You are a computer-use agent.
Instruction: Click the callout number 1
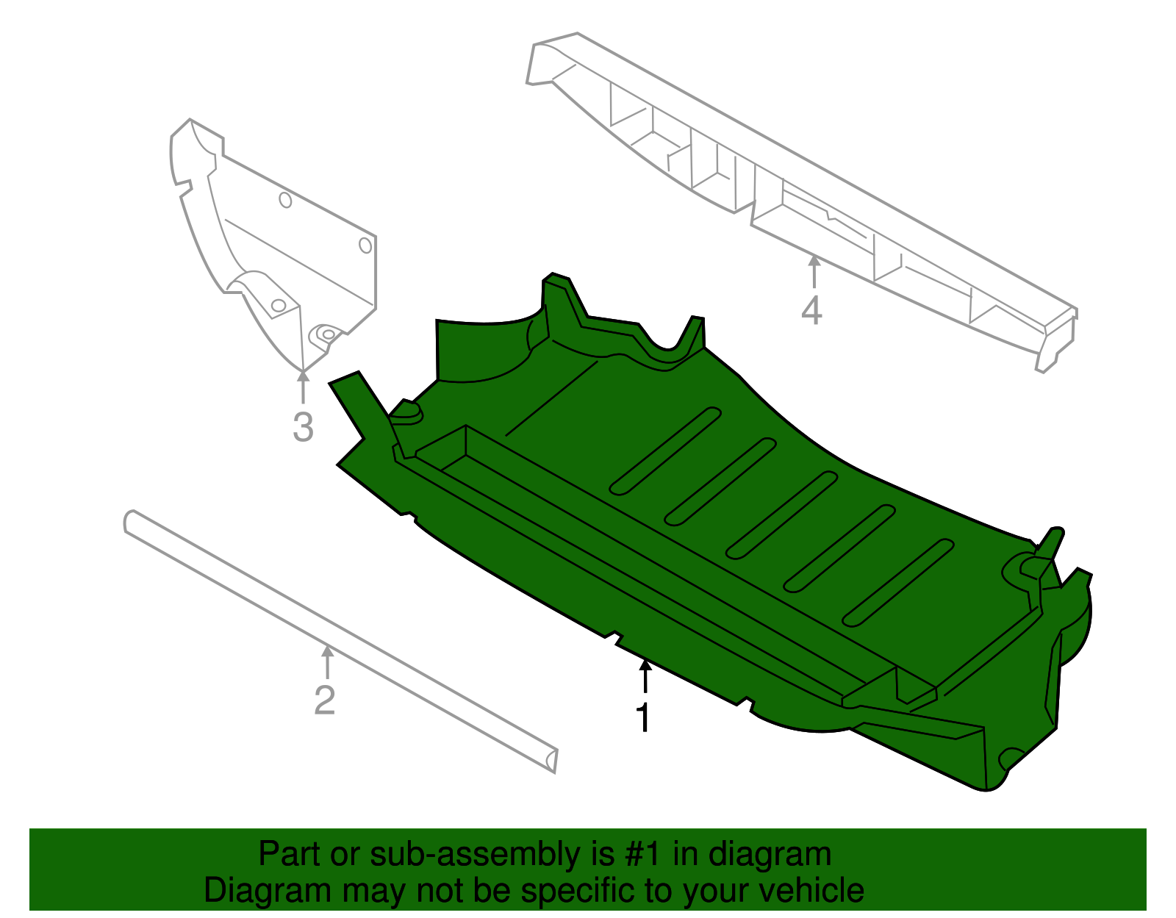point(643,718)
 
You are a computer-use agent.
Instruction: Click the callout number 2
point(324,700)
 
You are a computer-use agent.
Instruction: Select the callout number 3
point(303,427)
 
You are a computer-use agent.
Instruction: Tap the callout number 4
point(811,311)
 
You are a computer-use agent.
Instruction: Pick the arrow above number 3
point(302,387)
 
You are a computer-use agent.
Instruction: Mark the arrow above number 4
point(814,270)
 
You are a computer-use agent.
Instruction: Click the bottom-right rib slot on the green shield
point(897,582)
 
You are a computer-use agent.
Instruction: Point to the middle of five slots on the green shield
point(781,514)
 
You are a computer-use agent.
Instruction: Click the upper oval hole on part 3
point(285,200)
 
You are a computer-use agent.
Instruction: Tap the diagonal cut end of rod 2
point(551,761)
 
